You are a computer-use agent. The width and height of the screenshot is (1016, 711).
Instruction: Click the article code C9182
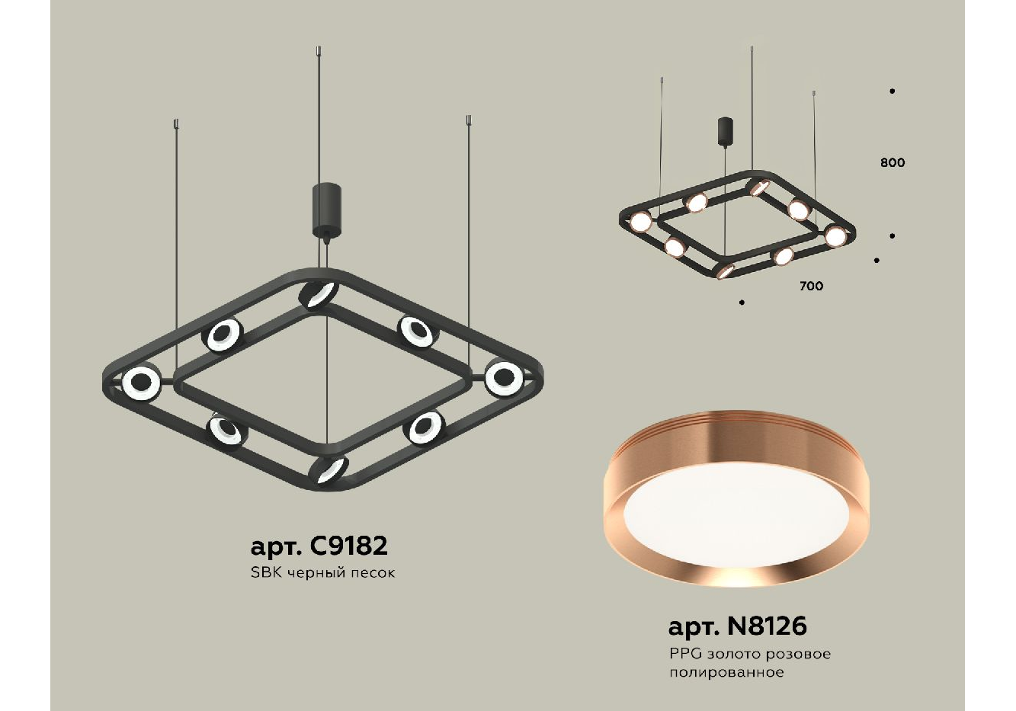click(x=347, y=546)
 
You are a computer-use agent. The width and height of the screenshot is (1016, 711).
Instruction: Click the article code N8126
click(x=767, y=626)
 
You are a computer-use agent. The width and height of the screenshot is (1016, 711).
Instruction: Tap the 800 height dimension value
click(x=893, y=162)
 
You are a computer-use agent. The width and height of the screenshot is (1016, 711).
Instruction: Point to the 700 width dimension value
click(x=812, y=286)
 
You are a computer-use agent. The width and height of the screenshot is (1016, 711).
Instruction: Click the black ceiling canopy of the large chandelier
click(x=326, y=209)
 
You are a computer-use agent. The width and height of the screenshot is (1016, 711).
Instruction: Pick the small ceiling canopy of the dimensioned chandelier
click(x=726, y=132)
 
